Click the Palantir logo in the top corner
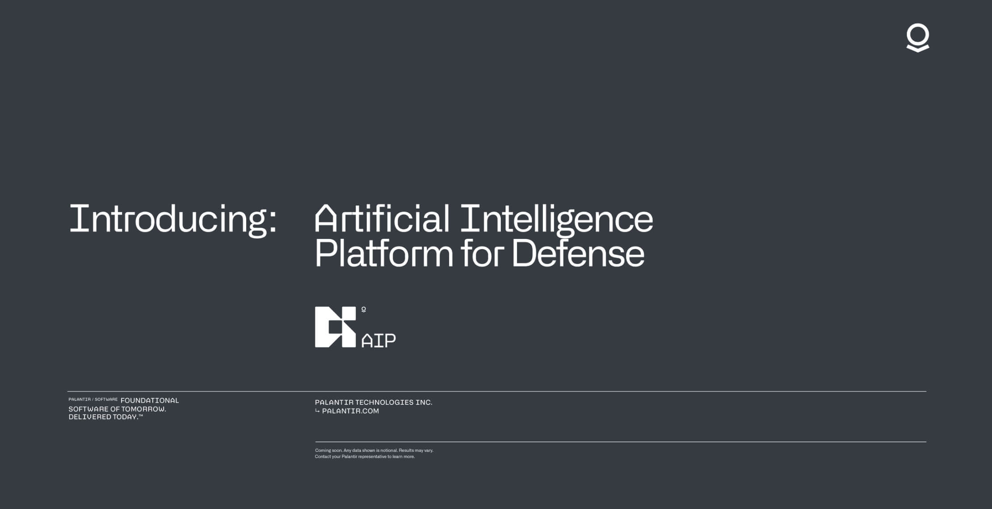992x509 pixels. pyautogui.click(x=918, y=38)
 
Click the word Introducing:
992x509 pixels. pyautogui.click(x=173, y=219)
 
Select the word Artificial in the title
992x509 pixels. pyautogui.click(x=382, y=218)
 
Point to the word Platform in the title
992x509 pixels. pyautogui.click(x=384, y=253)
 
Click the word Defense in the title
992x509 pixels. pyautogui.click(x=577, y=253)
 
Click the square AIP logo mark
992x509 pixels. pyautogui.click(x=335, y=327)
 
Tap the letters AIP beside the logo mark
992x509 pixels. pyautogui.click(x=378, y=341)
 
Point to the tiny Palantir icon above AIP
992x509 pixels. pyautogui.click(x=364, y=309)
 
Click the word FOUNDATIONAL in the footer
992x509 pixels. pyautogui.click(x=150, y=401)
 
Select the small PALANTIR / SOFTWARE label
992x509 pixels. pyautogui.click(x=93, y=400)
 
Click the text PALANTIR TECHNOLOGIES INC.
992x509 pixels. pyautogui.click(x=374, y=402)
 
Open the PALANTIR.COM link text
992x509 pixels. pyautogui.click(x=350, y=411)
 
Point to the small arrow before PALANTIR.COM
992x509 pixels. pyautogui.click(x=317, y=411)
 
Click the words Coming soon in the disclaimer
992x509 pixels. pyautogui.click(x=328, y=451)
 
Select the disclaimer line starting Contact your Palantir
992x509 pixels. pyautogui.click(x=365, y=457)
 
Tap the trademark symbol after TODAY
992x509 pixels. pyautogui.click(x=141, y=416)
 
